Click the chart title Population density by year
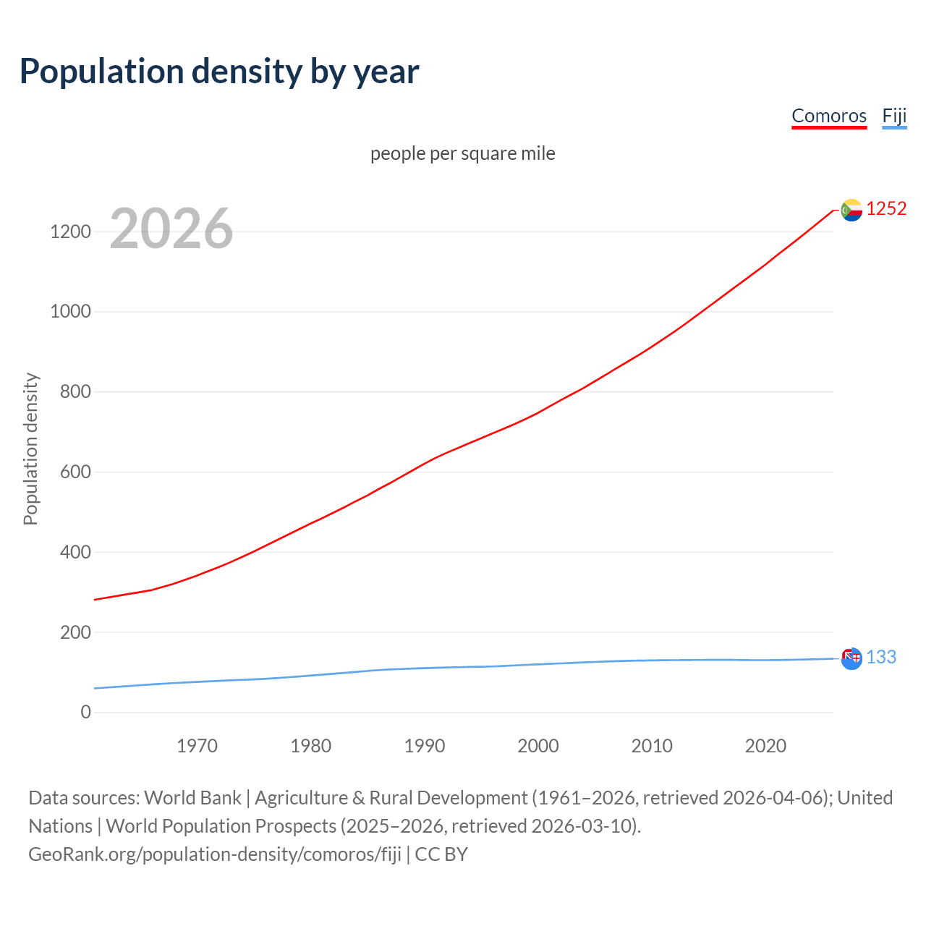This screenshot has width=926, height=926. point(219,71)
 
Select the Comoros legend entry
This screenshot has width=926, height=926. point(828,116)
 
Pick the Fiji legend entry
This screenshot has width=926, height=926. point(894,116)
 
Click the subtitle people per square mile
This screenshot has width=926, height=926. point(462,153)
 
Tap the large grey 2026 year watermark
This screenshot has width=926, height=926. point(171,229)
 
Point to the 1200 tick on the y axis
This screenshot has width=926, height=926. point(70,231)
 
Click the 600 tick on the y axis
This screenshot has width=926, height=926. point(70,472)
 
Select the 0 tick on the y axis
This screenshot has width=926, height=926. point(85,712)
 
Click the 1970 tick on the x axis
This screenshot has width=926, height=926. point(197,746)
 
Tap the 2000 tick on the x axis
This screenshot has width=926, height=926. point(538,746)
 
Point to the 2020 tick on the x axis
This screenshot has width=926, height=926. point(765,746)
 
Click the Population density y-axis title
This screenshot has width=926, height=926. point(30,449)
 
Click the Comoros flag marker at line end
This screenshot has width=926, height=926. point(851,210)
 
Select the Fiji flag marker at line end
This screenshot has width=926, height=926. point(851,658)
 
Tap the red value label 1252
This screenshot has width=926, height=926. point(886,209)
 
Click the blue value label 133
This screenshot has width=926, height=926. point(881,657)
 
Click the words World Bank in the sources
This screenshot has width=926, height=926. point(192,797)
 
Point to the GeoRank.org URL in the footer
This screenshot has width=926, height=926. point(215,854)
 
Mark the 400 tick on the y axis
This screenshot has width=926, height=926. point(70,552)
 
